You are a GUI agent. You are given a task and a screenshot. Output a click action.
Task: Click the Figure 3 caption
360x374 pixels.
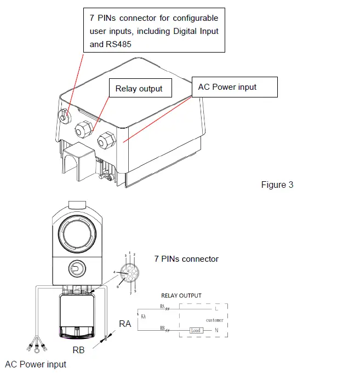point(277,185)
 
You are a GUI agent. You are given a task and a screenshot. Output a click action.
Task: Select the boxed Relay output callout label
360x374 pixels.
point(139,89)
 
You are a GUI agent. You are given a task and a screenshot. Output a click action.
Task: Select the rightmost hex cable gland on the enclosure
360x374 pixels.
point(105,142)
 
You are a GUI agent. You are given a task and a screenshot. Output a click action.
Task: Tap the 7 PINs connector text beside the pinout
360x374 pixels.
point(186,259)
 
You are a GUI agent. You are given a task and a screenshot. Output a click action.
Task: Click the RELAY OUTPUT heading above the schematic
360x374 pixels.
point(182,296)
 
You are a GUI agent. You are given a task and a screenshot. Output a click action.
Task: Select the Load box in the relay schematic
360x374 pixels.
point(196,330)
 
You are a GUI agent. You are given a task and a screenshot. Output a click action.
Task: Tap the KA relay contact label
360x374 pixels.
point(144,317)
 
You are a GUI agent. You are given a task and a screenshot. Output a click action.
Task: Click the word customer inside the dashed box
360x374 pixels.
point(215,320)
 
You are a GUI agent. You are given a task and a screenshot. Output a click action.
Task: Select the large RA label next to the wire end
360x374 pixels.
point(125,324)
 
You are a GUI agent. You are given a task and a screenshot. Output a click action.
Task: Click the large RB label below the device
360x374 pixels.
point(78,349)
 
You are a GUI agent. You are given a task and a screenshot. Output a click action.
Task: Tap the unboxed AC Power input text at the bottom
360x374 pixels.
point(36,364)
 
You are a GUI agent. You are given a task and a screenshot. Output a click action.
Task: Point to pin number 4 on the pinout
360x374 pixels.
point(114,272)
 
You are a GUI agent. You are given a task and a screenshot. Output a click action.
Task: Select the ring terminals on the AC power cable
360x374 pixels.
point(36,346)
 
